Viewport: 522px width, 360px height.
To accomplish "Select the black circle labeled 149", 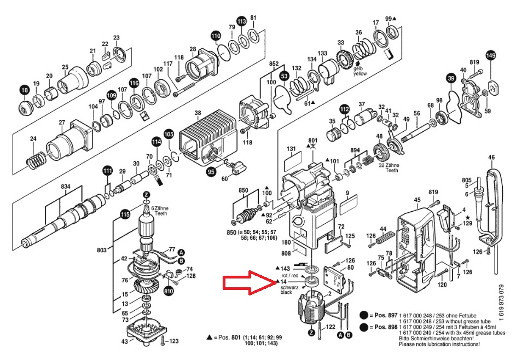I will (x=491, y=56).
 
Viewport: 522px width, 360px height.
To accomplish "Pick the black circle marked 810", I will (x=169, y=291).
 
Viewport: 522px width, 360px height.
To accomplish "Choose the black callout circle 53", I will (x=284, y=75).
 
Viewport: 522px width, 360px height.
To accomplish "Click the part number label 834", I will (x=66, y=187).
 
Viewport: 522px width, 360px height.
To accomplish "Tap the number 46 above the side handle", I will (x=491, y=158).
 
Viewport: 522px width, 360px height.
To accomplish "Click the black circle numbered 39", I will (x=451, y=79).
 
